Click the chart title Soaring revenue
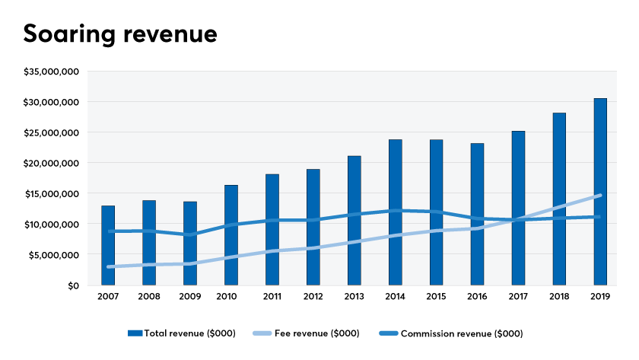tap(120, 33)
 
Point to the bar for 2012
tap(313, 227)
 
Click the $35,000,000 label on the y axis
tap(52, 72)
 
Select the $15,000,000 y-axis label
tap(52, 193)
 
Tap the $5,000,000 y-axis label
tap(54, 255)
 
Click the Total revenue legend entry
tap(182, 333)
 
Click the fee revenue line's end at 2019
tap(600, 196)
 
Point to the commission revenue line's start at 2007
tap(109, 231)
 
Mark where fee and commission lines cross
tap(518, 220)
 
